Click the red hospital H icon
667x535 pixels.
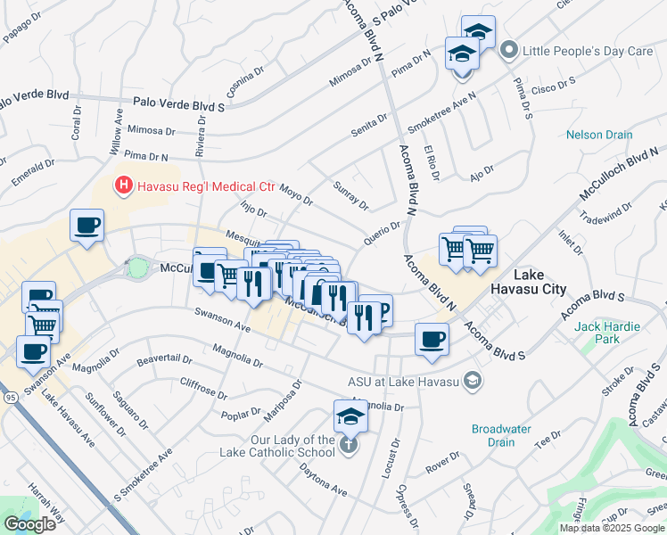(x=123, y=185)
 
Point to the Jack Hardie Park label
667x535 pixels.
(x=607, y=333)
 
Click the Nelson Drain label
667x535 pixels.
(x=599, y=136)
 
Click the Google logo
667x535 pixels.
(x=29, y=524)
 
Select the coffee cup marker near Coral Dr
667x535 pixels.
(x=86, y=226)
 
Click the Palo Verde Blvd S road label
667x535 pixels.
(x=178, y=104)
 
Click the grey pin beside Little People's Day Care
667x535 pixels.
(x=509, y=50)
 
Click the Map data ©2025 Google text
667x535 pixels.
(x=611, y=528)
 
